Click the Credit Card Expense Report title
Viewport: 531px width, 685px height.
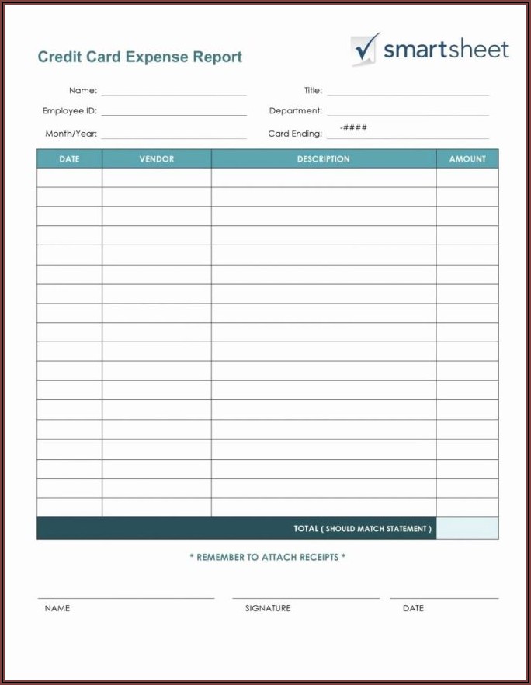[x=140, y=57]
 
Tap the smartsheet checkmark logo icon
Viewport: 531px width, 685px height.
[x=365, y=48]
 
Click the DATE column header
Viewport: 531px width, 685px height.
[x=69, y=159]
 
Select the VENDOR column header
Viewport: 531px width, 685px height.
[x=157, y=159]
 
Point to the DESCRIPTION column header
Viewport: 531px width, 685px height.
[x=323, y=159]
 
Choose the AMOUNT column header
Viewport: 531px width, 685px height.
[x=467, y=159]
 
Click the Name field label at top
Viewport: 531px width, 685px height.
[x=82, y=91]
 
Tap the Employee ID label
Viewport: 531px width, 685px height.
[x=70, y=111]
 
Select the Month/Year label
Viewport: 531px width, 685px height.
[x=71, y=134]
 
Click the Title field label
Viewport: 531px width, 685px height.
[x=313, y=91]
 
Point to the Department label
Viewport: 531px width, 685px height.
[x=295, y=111]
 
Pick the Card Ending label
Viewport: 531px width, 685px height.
[x=294, y=134]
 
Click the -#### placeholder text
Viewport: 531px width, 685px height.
[x=353, y=127]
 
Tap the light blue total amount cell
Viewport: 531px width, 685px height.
[x=467, y=529]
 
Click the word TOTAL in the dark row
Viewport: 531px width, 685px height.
[x=306, y=529]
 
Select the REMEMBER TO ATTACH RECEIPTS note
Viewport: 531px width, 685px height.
[x=268, y=557]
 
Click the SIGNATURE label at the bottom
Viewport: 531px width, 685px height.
[x=268, y=608]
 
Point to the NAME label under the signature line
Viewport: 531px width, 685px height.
[x=57, y=608]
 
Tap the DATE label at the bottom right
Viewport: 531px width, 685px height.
[x=413, y=608]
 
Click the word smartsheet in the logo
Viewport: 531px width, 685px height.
[x=446, y=50]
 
